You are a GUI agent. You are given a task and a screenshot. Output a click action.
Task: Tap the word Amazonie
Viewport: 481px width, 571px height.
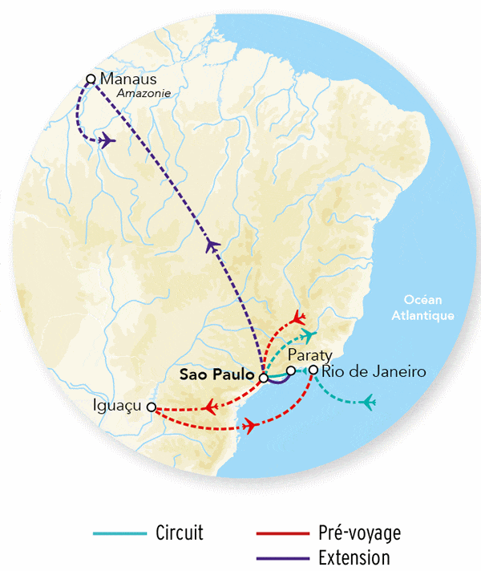[144, 94]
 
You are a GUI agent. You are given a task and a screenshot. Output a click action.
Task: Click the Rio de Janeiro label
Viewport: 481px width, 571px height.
[368, 371]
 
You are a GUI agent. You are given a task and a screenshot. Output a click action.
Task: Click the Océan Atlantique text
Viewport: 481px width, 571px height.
[422, 308]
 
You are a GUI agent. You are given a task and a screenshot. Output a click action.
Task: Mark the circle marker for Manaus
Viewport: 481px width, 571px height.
[91, 79]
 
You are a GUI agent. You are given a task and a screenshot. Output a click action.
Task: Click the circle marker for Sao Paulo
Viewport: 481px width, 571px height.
[263, 376]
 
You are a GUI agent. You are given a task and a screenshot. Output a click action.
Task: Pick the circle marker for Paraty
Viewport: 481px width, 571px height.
[291, 371]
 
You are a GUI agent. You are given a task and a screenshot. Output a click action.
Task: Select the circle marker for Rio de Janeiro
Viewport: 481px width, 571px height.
[313, 371]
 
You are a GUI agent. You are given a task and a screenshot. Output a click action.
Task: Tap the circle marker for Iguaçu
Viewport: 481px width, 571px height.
[151, 407]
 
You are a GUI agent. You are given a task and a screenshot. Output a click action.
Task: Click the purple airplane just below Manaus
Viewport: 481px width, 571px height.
[108, 141]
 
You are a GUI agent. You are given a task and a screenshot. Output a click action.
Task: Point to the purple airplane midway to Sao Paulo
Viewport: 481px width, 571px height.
[212, 245]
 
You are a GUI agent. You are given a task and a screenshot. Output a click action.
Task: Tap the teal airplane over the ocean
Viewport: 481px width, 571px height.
[368, 401]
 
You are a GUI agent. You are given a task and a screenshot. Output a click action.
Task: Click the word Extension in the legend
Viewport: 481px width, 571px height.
[353, 557]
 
